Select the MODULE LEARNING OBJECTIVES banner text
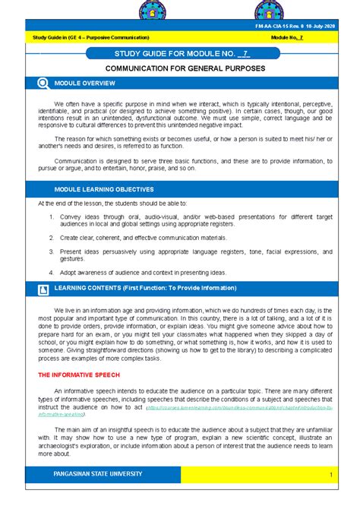click(x=102, y=189)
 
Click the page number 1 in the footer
click(x=332, y=475)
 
